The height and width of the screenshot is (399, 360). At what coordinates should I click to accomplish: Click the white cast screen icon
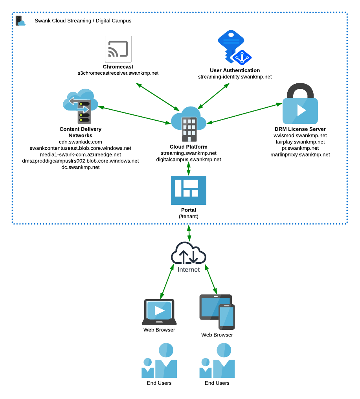tap(118, 49)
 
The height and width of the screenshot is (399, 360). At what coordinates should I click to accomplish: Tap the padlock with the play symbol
tap(300, 104)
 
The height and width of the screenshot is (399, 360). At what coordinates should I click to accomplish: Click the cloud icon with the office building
tap(189, 123)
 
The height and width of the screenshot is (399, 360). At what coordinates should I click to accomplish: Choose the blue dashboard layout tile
tap(189, 190)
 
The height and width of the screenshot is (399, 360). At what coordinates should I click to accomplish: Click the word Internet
tap(189, 270)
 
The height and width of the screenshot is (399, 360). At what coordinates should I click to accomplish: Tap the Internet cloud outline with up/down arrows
tap(189, 254)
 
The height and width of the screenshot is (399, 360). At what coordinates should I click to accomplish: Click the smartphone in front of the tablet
tap(227, 317)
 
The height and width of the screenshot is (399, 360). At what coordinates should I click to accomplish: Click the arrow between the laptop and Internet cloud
tap(167, 281)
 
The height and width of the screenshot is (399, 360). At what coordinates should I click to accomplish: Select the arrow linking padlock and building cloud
tap(244, 114)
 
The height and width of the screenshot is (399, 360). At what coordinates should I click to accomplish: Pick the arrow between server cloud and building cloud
tap(134, 115)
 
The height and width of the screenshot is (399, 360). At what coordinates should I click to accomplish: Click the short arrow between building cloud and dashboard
tap(189, 168)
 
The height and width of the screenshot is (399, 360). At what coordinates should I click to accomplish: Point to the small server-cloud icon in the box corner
tap(20, 20)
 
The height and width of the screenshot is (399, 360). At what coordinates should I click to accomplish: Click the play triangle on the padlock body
tap(301, 110)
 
